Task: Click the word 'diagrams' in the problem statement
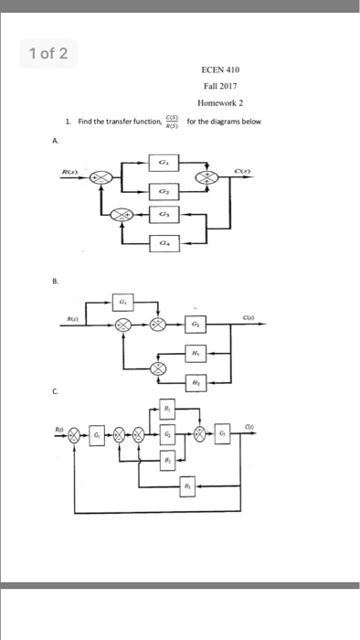click(x=232, y=121)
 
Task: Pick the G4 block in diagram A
click(x=164, y=244)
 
